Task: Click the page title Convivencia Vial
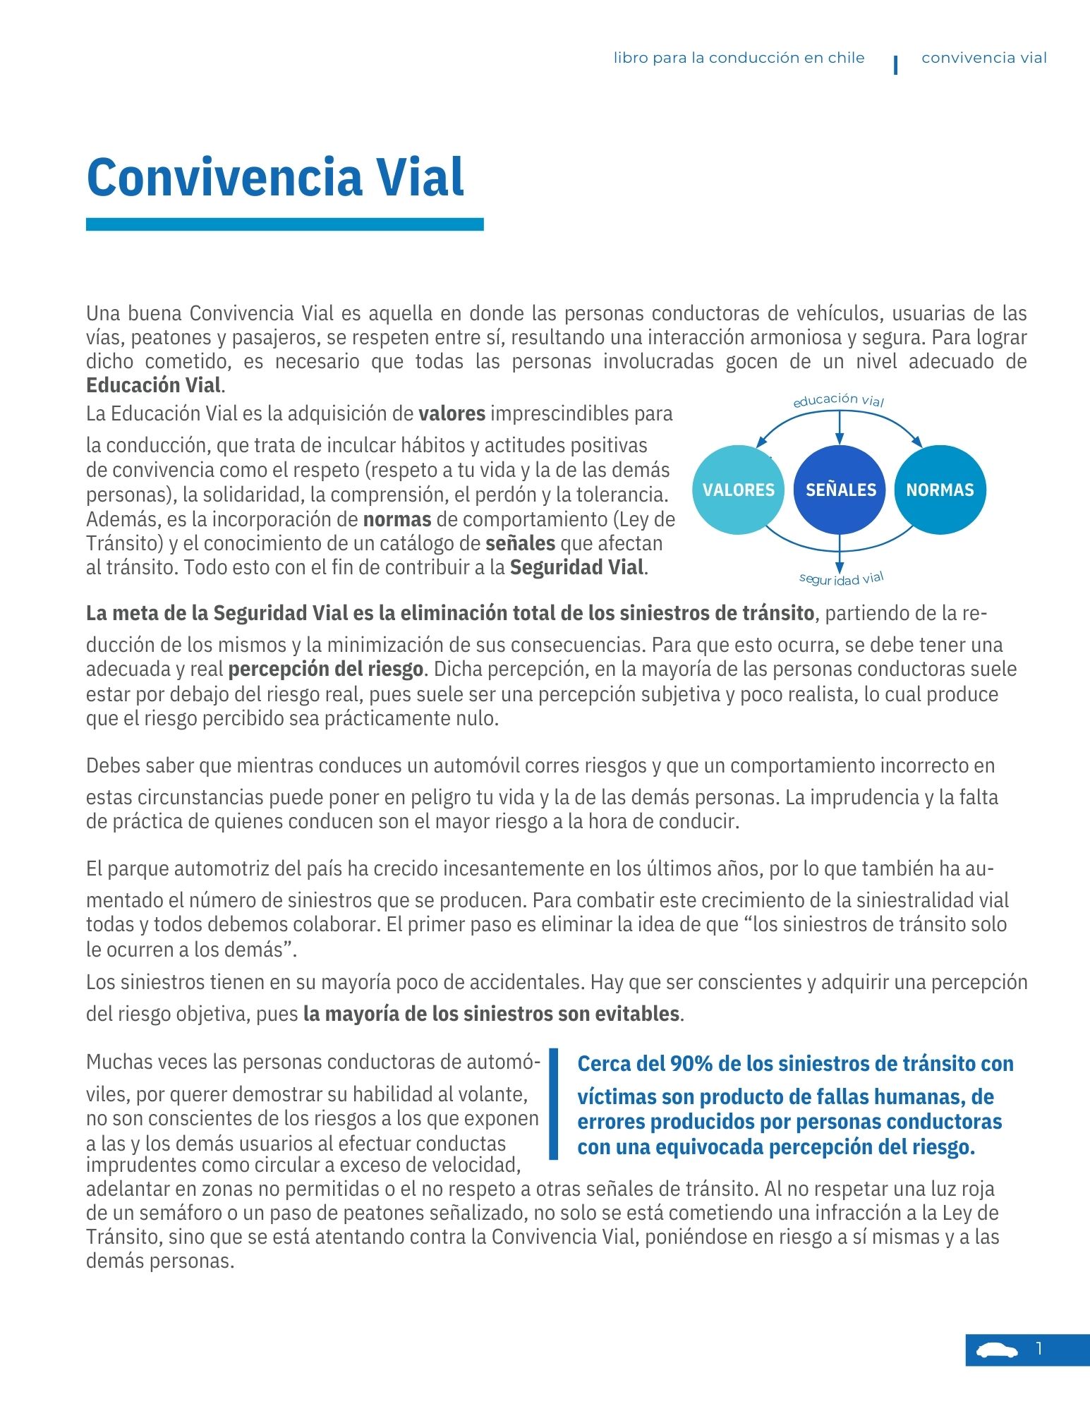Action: pos(275,176)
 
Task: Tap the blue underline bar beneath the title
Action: pos(284,224)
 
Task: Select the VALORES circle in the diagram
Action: pos(739,490)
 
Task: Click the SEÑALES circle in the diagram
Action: pos(840,490)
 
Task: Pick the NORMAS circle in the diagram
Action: pos(940,490)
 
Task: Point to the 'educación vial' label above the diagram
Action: pos(838,400)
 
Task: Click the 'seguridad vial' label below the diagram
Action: pos(841,579)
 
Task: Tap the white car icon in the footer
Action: pos(997,1350)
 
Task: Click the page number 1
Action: pos(1039,1349)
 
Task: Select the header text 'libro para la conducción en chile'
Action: pos(739,58)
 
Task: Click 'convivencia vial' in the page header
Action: pos(984,58)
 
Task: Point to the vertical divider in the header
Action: pos(895,65)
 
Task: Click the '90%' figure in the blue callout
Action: pos(691,1064)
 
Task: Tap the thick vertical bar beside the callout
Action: pos(554,1103)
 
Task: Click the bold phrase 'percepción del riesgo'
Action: pos(326,669)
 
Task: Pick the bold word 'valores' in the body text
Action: pos(452,413)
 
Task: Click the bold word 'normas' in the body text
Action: pos(397,519)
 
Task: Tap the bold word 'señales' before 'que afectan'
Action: pos(521,543)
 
